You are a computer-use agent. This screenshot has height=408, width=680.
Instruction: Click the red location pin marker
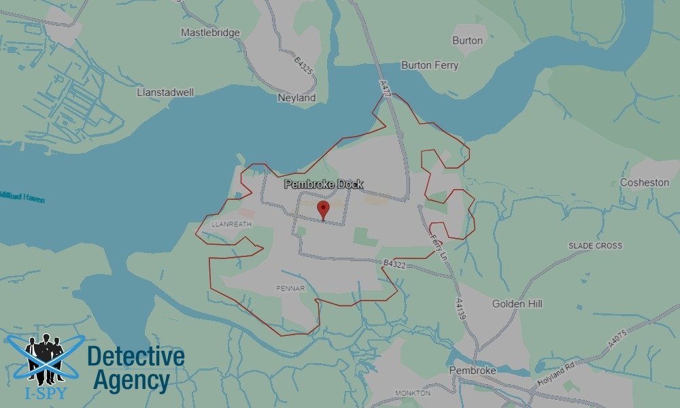324,209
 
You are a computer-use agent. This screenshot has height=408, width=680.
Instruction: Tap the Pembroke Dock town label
324,184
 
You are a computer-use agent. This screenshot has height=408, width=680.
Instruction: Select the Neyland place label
297,98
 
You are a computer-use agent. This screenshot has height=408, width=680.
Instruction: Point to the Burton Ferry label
430,65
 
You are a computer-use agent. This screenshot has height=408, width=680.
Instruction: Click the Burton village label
467,40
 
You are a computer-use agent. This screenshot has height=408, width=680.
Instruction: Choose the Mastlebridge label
210,32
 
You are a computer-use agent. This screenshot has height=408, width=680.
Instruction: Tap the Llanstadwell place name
166,91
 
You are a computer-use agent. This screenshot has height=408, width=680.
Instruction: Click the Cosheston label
645,183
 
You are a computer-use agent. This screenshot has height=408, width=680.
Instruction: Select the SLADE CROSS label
595,245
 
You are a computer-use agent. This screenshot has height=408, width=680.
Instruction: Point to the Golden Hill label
517,304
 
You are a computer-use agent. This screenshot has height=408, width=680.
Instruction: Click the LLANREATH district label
232,223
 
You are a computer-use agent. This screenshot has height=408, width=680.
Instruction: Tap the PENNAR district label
290,288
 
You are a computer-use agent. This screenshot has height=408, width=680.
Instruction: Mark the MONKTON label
413,393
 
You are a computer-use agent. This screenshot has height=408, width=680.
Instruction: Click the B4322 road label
394,263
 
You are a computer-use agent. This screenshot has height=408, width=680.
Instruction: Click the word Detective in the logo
136,356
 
